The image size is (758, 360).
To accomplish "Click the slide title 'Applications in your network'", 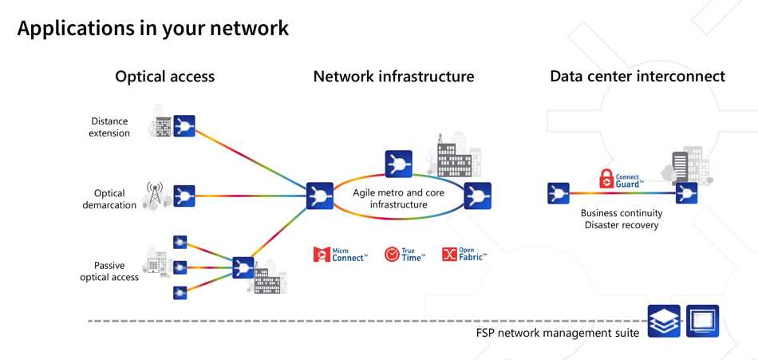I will pyautogui.click(x=152, y=29).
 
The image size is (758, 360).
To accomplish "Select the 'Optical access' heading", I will pyautogui.click(x=164, y=77).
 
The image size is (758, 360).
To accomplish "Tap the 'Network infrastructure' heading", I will pyautogui.click(x=393, y=77).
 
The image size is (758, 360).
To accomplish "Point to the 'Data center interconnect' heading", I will pyautogui.click(x=637, y=77).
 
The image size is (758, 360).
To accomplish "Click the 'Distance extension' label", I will pyautogui.click(x=110, y=128).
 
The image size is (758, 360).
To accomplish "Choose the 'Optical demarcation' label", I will pyautogui.click(x=110, y=199).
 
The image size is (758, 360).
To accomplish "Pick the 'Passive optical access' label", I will pyautogui.click(x=109, y=271).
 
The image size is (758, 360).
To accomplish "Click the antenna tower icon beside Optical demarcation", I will pyautogui.click(x=155, y=195).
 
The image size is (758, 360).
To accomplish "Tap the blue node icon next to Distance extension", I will pyautogui.click(x=184, y=126).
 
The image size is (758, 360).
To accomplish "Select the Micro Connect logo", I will pyautogui.click(x=341, y=255).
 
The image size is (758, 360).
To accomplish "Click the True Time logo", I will pyautogui.click(x=405, y=255).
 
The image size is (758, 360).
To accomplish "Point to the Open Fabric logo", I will pyautogui.click(x=464, y=255).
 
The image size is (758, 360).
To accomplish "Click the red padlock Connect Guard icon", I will pyautogui.click(x=610, y=180).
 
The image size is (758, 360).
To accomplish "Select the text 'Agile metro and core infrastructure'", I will pyautogui.click(x=398, y=198).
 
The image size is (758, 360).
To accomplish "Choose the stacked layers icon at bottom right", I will pyautogui.click(x=664, y=321).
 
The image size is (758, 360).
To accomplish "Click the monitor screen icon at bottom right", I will pyautogui.click(x=702, y=321).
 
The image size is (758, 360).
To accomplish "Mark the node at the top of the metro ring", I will pyautogui.click(x=398, y=164).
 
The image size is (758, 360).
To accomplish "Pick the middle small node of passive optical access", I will pyautogui.click(x=180, y=267).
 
